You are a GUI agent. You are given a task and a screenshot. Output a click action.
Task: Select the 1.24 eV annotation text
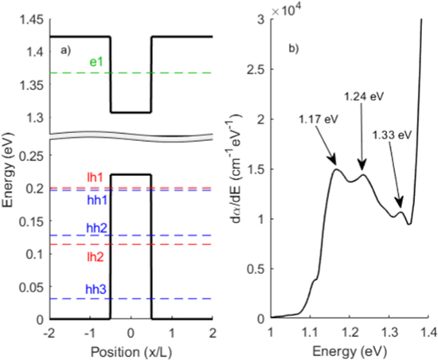[360, 96]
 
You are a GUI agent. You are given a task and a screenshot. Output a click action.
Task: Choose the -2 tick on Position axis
[50, 331]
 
